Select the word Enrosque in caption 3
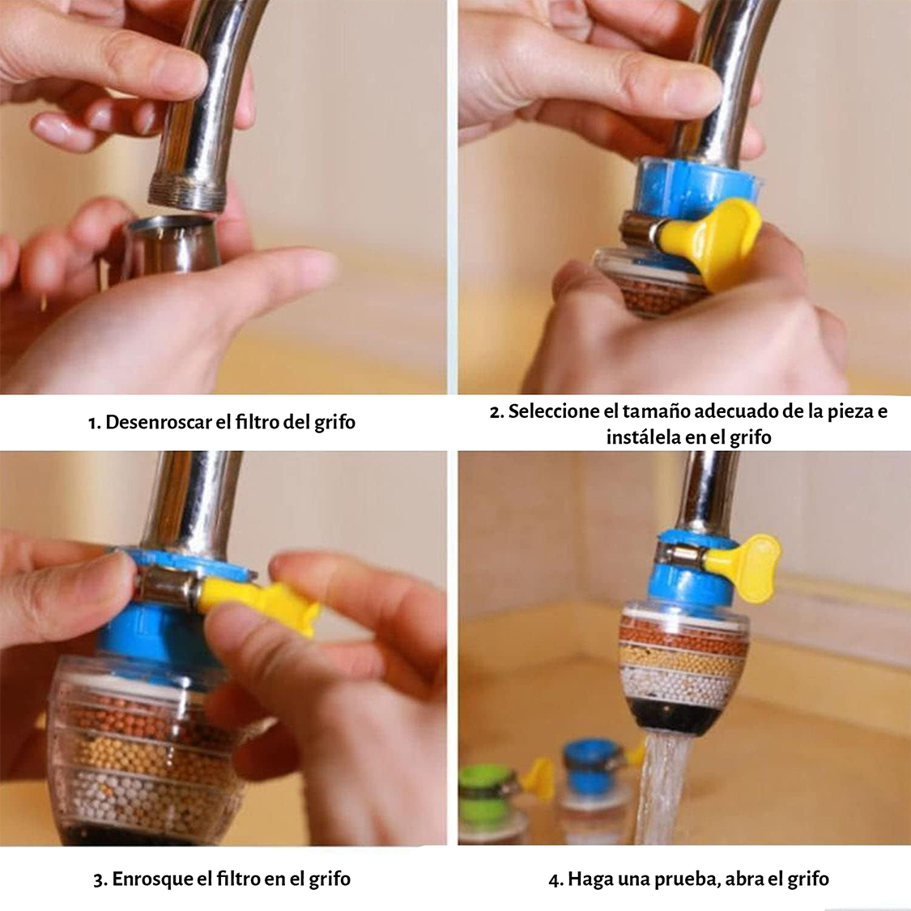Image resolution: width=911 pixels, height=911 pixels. pyautogui.click(x=151, y=879)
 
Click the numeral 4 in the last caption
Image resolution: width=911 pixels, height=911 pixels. pyautogui.click(x=554, y=879)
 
